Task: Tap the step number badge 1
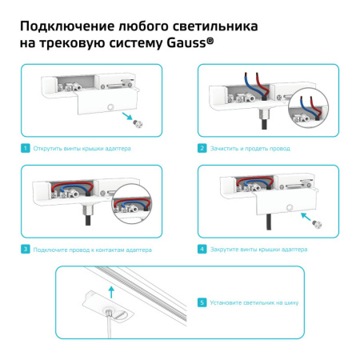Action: point(26,149)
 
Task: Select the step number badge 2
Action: point(202,149)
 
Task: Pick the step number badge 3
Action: point(26,250)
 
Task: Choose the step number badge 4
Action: point(202,250)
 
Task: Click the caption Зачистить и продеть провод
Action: point(250,149)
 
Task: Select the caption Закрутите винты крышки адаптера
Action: point(258,250)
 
